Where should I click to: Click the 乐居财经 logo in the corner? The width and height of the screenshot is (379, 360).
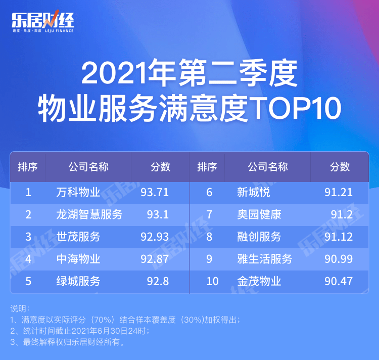43,21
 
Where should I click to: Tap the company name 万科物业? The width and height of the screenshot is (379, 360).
78,193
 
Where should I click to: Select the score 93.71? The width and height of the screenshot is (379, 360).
155,193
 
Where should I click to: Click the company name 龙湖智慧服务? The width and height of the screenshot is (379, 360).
89,215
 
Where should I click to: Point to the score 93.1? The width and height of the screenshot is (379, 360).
158,215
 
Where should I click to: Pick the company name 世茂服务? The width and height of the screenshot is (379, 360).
78,237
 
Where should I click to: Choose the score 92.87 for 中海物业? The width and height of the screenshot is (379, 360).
155,259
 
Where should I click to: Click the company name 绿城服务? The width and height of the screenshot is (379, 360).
78,282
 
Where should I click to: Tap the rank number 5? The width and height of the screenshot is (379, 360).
28,282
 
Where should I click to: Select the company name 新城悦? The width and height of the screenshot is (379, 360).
254,193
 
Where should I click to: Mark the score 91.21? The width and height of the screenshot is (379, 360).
339,193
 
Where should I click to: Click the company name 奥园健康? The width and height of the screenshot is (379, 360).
259,215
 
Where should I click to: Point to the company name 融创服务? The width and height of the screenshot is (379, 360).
259,237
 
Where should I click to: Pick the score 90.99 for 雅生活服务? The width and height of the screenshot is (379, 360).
339,259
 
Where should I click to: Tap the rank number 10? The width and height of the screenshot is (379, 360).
213,282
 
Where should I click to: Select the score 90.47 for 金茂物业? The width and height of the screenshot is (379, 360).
339,282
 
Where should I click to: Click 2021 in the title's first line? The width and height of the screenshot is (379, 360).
114,72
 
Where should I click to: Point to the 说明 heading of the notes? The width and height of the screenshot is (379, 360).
20,309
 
